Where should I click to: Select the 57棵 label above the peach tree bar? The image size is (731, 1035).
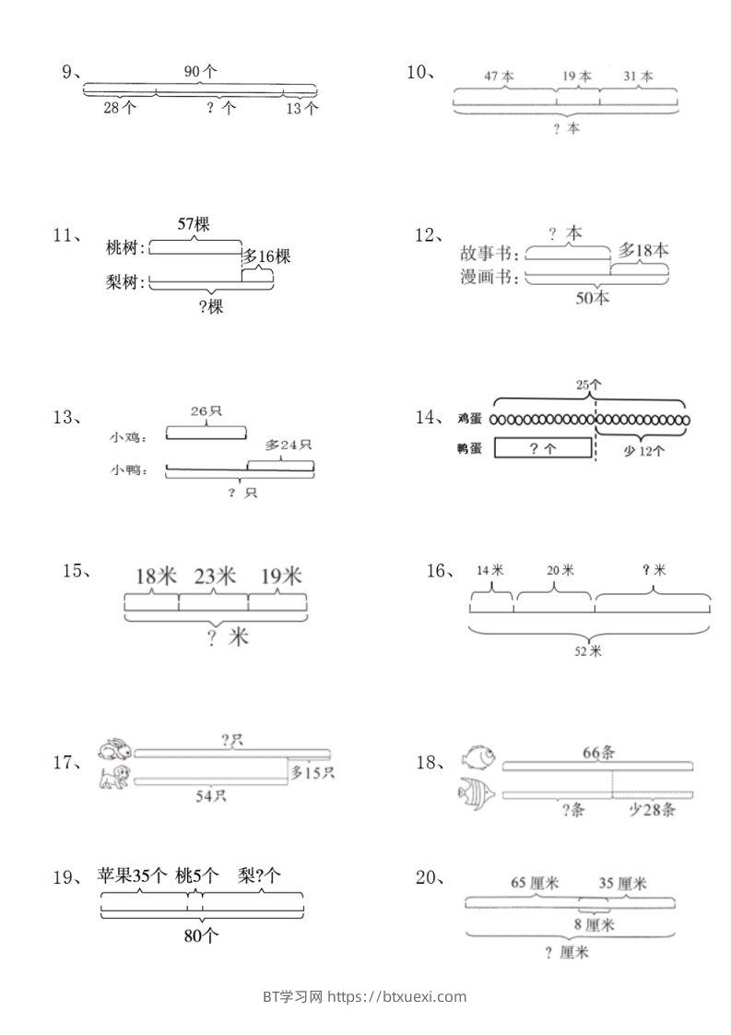[193, 224]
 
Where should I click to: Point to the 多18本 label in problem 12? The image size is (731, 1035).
[643, 250]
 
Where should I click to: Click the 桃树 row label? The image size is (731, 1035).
[126, 248]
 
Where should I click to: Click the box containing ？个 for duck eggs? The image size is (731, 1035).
[543, 448]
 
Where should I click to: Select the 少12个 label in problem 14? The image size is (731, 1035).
[643, 451]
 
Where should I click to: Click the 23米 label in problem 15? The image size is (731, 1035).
[214, 577]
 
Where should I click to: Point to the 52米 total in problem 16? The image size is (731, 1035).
[588, 651]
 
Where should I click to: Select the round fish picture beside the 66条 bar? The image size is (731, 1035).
[478, 756]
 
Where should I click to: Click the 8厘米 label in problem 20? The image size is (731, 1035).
[595, 924]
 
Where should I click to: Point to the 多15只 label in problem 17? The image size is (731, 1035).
[312, 773]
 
